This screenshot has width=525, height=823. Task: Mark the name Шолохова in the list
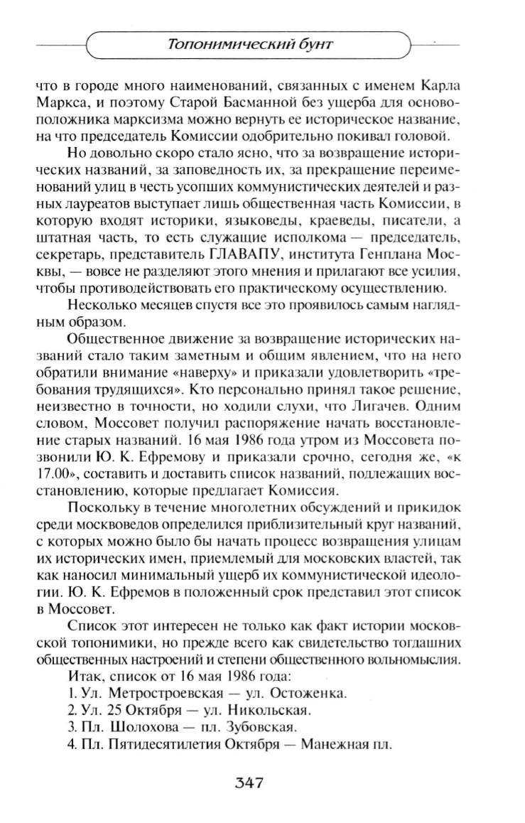point(146,727)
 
